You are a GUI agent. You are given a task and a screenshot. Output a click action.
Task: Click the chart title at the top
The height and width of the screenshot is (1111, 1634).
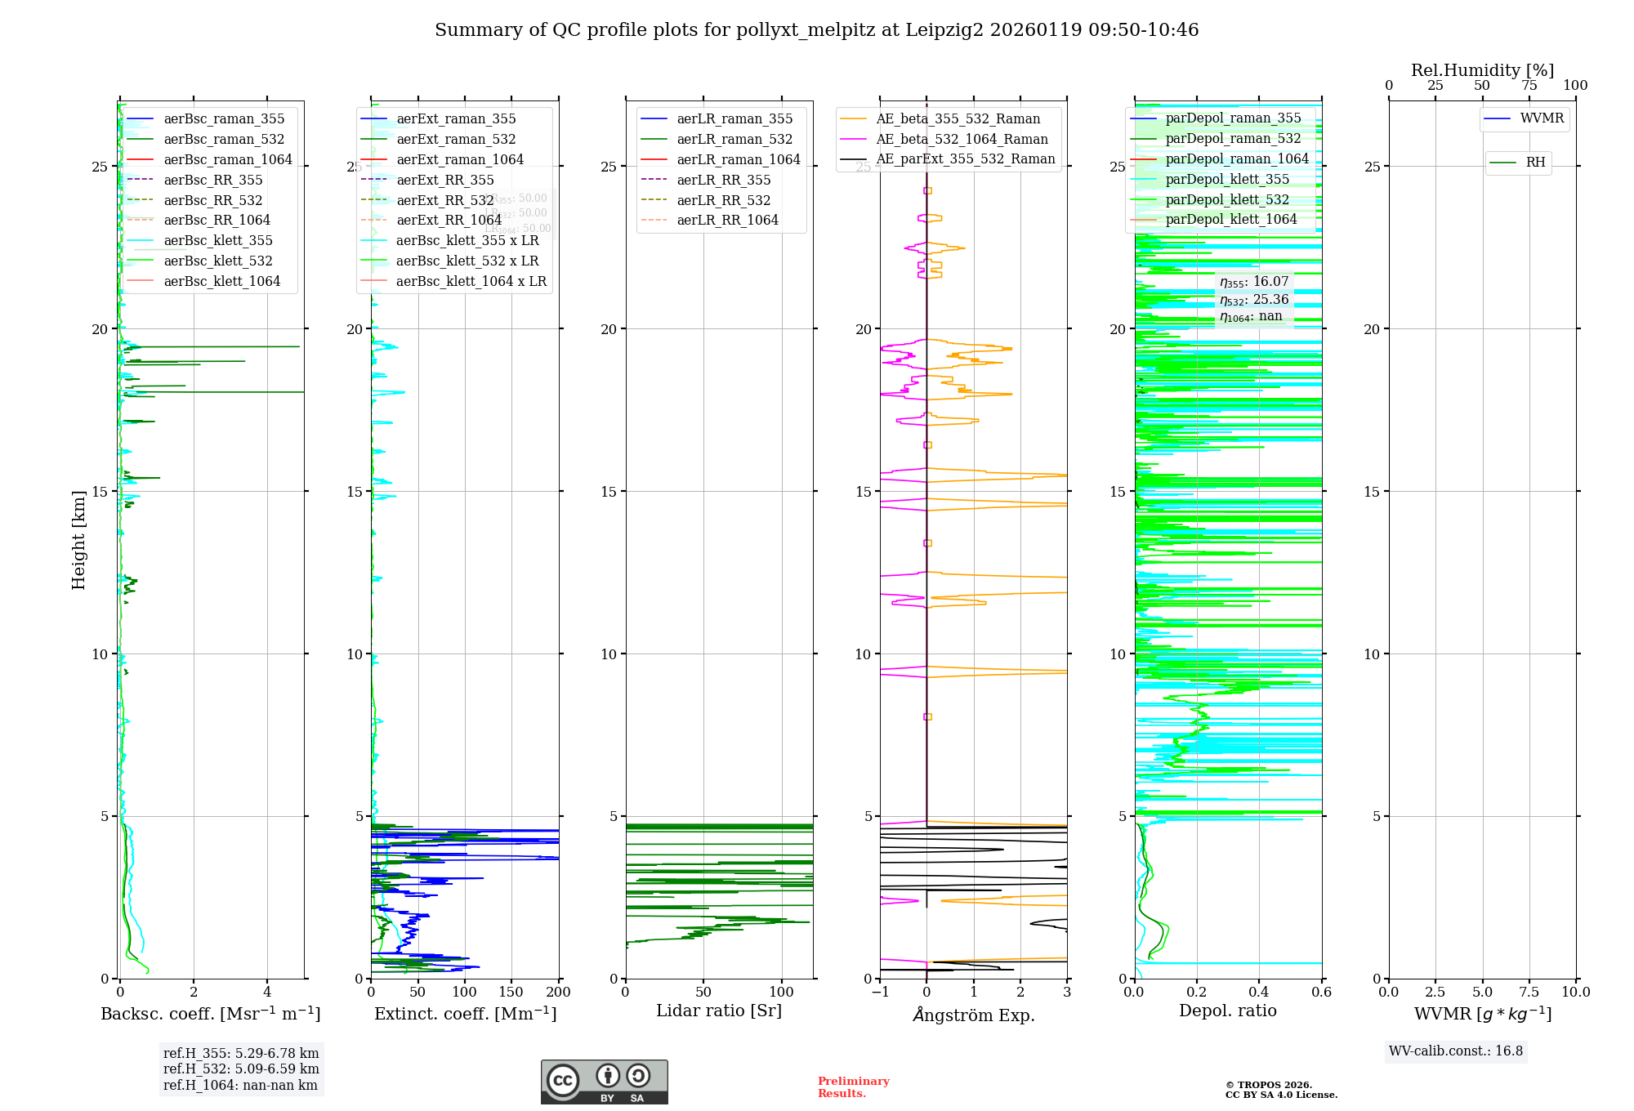816,30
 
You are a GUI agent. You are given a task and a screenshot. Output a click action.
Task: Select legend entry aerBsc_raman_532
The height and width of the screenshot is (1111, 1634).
224,140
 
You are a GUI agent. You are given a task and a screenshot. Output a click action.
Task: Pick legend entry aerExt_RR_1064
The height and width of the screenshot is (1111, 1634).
449,220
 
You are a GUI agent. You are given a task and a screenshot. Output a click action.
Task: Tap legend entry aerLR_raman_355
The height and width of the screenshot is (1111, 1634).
734,119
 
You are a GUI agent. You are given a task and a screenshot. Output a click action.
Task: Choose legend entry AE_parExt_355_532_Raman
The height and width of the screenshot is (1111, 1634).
965,159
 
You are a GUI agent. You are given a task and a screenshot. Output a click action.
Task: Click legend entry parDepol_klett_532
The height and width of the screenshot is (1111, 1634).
1226,199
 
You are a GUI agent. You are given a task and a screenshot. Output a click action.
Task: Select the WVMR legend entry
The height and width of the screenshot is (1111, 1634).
1541,118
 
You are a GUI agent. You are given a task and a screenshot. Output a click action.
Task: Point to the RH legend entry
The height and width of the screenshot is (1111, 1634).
1535,163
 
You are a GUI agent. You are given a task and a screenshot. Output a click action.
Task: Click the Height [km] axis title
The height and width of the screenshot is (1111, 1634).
78,540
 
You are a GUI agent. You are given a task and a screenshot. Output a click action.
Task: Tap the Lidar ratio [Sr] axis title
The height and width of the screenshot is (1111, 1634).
719,1011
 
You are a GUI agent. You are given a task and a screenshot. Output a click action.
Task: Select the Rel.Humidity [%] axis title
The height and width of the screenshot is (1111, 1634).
1482,70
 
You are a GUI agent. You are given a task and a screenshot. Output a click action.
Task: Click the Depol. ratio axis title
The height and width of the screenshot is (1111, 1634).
1227,1011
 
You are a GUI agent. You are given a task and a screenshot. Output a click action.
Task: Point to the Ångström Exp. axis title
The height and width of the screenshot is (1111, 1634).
973,1015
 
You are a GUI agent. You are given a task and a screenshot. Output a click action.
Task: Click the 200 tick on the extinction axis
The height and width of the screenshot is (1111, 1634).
559,993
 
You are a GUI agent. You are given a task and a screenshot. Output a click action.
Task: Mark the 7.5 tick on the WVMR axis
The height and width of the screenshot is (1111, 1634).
1529,993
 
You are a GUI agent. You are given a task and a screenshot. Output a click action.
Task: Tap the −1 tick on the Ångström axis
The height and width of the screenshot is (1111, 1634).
880,993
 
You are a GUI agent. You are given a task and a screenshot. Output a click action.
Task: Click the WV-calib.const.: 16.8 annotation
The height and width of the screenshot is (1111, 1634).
1456,1051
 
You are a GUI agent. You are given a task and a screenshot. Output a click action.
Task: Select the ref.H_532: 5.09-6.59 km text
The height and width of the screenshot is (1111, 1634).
241,1069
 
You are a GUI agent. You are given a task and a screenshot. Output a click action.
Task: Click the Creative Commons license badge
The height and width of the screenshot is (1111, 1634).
604,1082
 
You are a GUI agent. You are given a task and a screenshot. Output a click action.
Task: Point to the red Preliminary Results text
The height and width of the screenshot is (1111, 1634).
853,1087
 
